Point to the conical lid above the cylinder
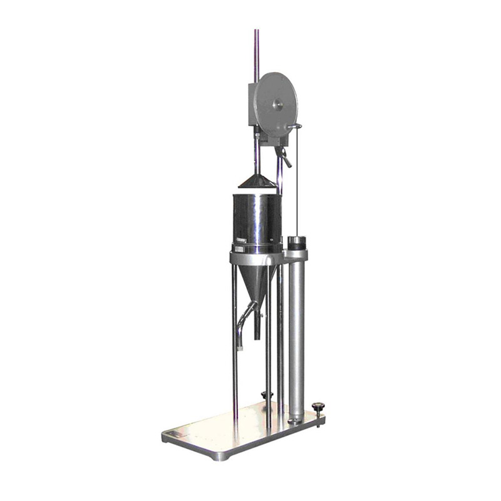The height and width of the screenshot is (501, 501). tap(257, 181)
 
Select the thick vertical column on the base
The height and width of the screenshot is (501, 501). tap(296, 338)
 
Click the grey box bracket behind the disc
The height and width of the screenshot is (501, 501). tap(253, 106)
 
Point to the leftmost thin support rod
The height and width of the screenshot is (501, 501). tap(235, 344)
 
